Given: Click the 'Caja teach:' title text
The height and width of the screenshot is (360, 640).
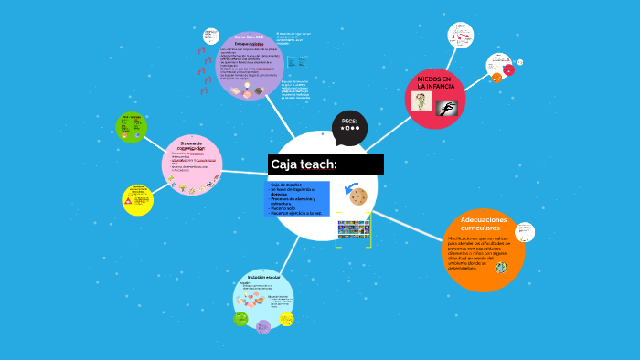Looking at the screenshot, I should (x=304, y=164).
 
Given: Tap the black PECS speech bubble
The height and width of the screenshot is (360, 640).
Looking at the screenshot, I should (x=349, y=127).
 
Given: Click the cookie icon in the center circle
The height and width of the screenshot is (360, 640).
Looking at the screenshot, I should (x=357, y=196).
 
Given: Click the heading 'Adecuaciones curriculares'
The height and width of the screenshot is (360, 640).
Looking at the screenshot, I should (x=482, y=224).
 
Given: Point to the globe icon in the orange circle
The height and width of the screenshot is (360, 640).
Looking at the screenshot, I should (x=501, y=268).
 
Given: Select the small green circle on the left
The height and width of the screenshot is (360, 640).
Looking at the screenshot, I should (x=131, y=127).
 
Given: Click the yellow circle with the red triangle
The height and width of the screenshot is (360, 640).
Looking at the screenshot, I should (x=137, y=199).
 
